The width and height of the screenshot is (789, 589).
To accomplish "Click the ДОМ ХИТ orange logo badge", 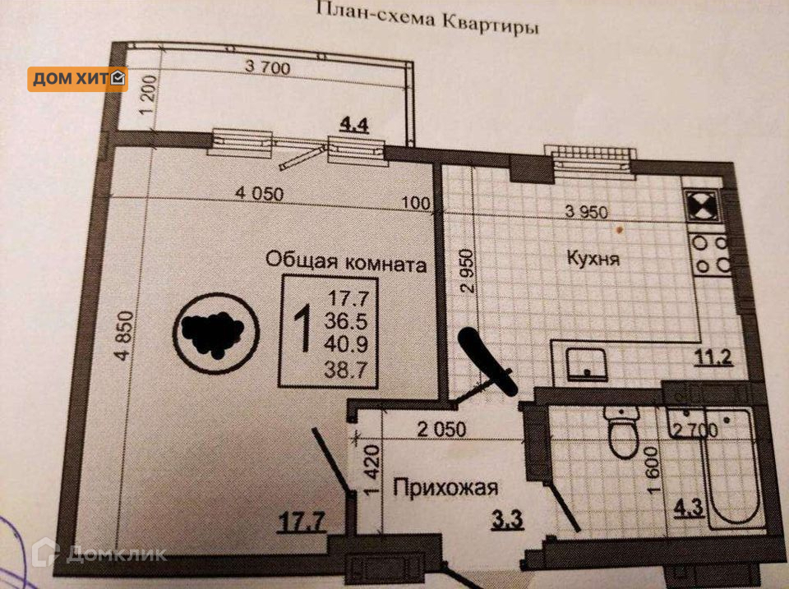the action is tap(78, 79).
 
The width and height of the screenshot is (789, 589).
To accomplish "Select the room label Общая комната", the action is tap(346, 263).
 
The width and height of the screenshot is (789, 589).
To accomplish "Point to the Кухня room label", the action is tap(593, 259).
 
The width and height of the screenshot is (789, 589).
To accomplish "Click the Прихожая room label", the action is tap(445, 489).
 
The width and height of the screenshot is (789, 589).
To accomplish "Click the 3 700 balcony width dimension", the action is tap(267, 68).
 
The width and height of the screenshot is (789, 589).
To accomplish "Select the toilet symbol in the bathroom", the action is tap(622, 431).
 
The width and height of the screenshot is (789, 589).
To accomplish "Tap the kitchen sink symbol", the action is tap(587, 362).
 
